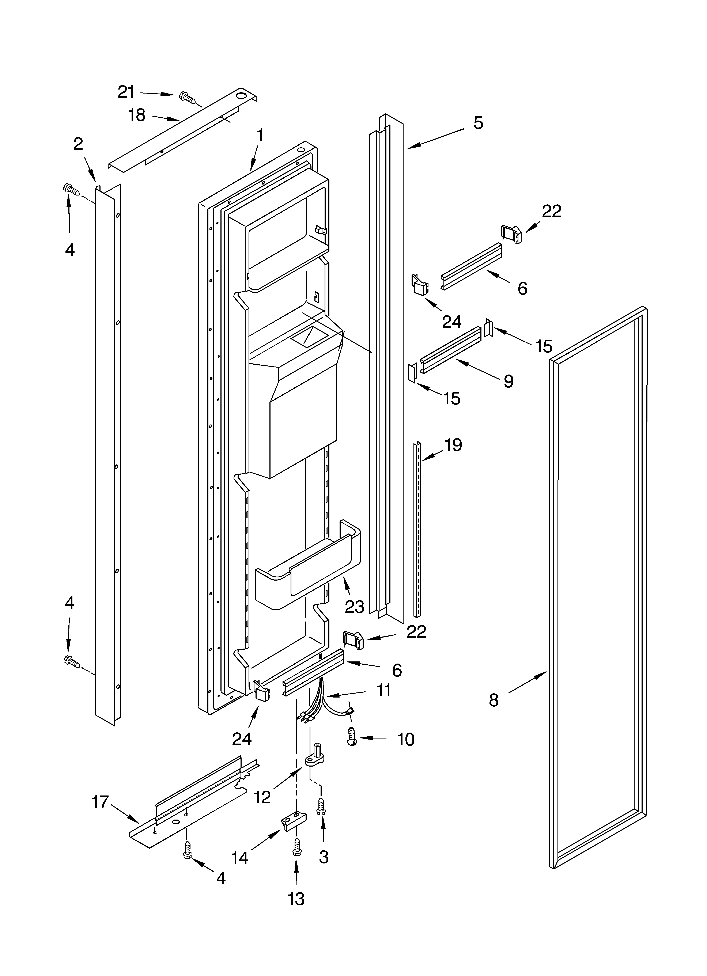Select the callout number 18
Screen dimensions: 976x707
tap(137, 115)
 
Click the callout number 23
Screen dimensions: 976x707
tap(354, 607)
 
